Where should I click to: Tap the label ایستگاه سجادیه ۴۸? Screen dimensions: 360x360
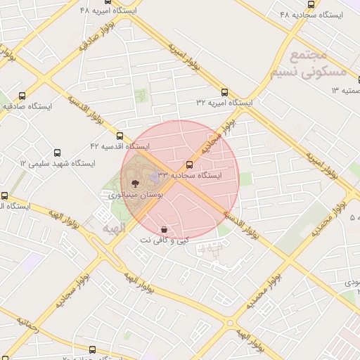click(x=311, y=14)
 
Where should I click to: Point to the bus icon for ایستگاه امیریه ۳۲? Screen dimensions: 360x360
click(x=224, y=91)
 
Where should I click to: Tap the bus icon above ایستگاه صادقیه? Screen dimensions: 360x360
click(x=22, y=96)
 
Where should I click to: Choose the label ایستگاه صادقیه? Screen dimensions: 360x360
click(x=27, y=107)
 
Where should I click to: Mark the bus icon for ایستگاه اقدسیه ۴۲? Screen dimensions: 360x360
click(x=120, y=135)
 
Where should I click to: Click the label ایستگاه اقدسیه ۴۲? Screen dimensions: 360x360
click(x=120, y=146)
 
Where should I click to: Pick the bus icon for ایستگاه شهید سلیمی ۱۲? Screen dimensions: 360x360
click(x=58, y=152)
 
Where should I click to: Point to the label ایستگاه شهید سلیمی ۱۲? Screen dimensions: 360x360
click(x=57, y=163)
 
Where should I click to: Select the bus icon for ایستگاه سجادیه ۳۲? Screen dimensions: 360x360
click(x=188, y=163)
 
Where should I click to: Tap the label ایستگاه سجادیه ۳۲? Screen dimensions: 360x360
click(x=188, y=174)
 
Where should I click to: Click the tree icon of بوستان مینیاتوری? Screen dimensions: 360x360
click(x=136, y=183)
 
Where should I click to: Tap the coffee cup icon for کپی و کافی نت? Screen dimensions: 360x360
click(x=164, y=229)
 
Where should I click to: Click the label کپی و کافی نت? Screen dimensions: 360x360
click(x=164, y=240)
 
